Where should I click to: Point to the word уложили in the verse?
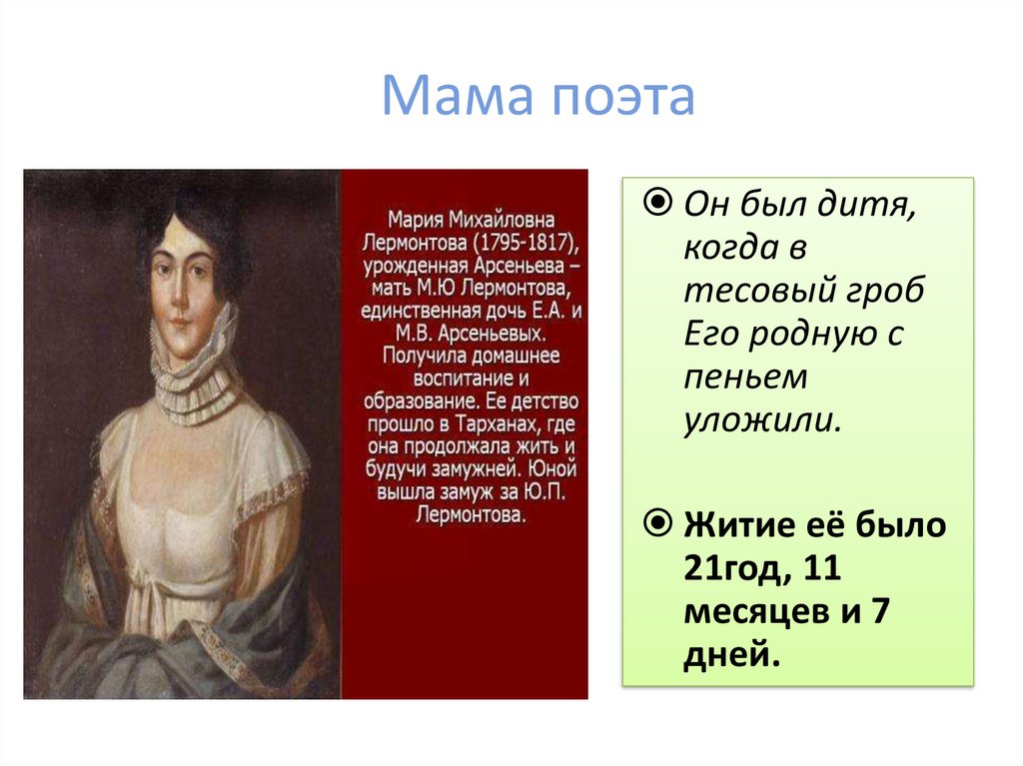(x=761, y=419)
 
